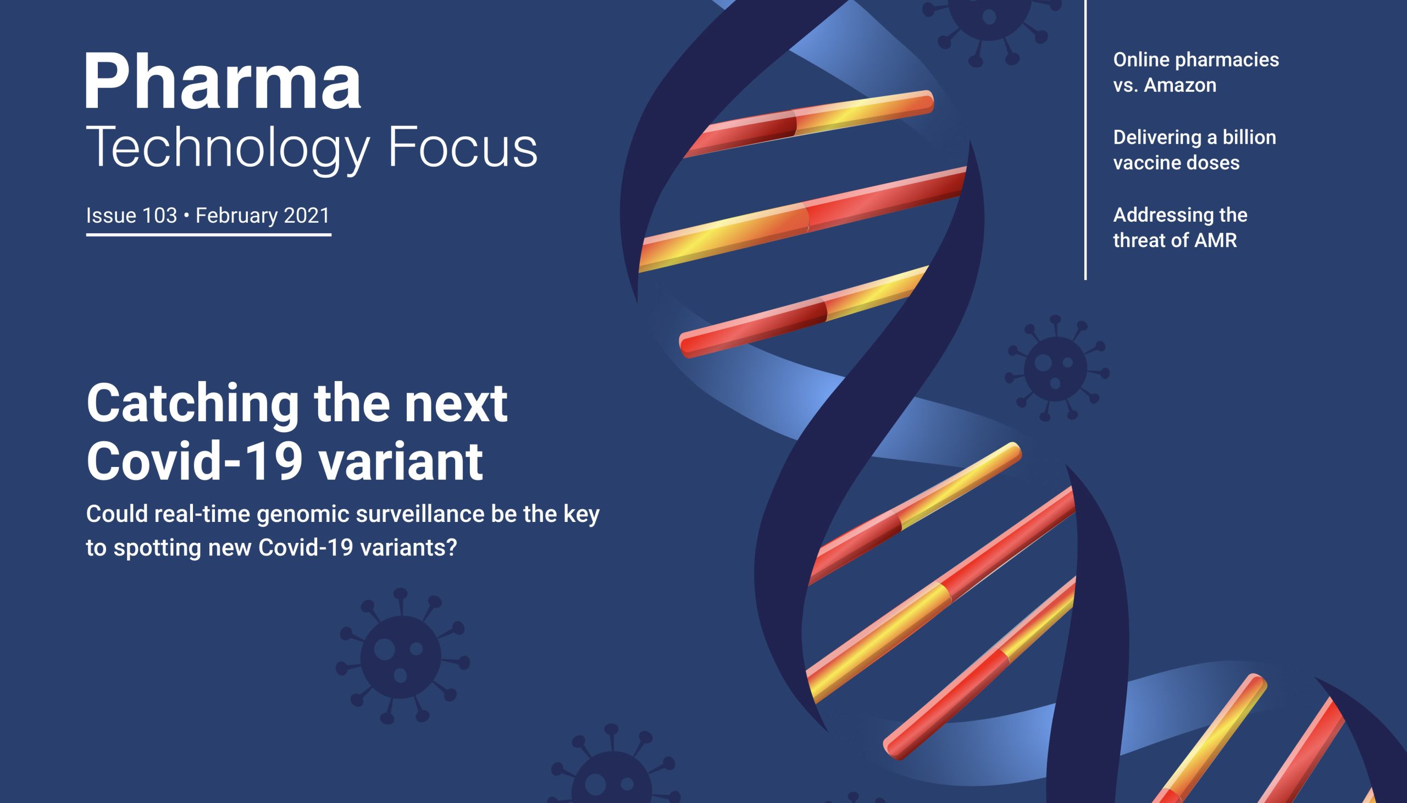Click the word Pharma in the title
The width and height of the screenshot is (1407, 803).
coord(223,82)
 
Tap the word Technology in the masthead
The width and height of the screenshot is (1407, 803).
coord(227,148)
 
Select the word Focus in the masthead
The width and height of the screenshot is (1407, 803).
coord(462,148)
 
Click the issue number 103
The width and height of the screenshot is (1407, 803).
coord(159,216)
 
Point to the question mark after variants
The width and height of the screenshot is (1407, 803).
coord(452,548)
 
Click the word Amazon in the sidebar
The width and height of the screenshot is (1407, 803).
coord(1180,85)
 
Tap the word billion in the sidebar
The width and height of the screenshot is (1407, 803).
coord(1249,137)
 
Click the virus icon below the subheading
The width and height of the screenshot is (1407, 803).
coord(402,657)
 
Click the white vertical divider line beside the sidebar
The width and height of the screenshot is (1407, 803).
coord(1085,138)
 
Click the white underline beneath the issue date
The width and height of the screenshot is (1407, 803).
coord(208,234)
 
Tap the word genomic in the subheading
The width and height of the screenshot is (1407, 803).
coord(303,514)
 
